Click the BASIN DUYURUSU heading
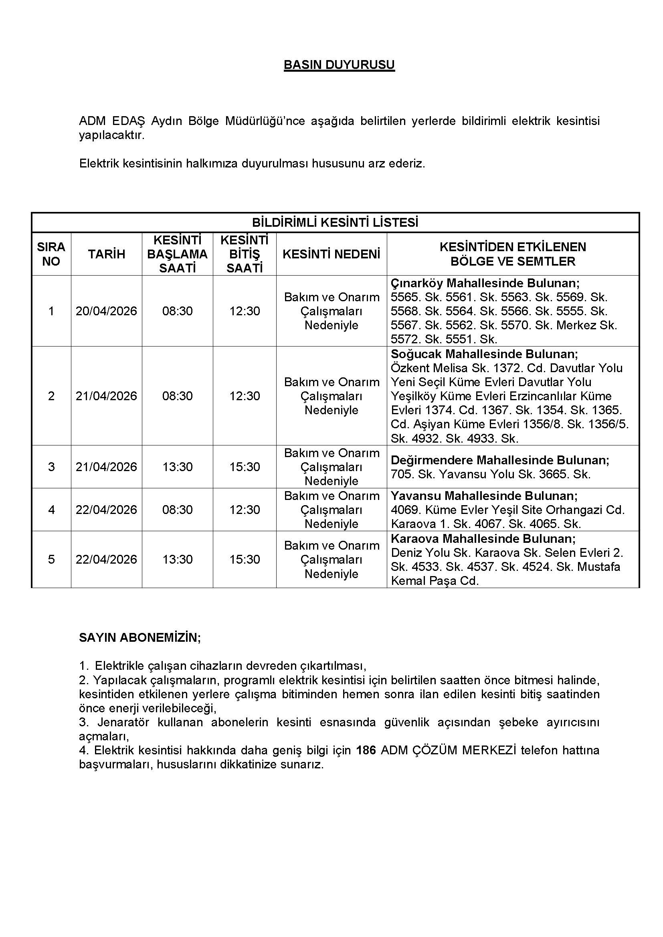click(339, 65)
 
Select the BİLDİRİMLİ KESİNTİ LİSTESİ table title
click(335, 223)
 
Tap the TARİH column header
click(107, 254)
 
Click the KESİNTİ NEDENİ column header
click(331, 254)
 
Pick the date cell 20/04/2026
click(107, 311)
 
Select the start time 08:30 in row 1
click(177, 311)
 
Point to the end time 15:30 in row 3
click(245, 466)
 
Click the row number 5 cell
click(51, 559)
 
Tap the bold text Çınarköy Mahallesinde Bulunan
click(485, 283)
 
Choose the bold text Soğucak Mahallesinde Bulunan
click(484, 354)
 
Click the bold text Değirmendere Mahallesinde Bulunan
click(500, 460)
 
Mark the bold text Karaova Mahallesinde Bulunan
click(483, 539)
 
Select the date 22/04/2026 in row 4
click(107, 510)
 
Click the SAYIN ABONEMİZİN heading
click(139, 637)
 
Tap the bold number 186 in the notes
click(366, 750)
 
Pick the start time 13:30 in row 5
click(177, 559)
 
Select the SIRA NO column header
click(51, 254)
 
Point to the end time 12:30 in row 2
click(245, 396)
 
